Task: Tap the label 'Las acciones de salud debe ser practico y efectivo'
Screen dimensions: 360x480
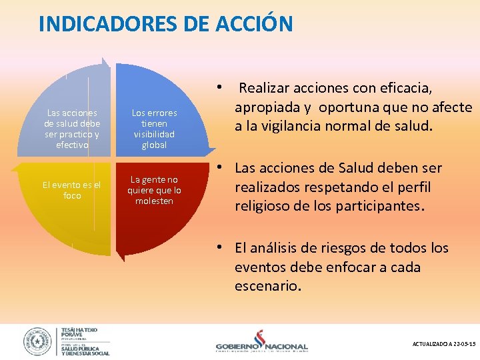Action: pyautogui.click(x=71, y=129)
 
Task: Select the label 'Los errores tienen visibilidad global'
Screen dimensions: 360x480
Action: pyautogui.click(x=154, y=129)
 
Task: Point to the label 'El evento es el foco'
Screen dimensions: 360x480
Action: pyautogui.click(x=71, y=190)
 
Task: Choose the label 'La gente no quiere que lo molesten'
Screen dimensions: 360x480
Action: pyautogui.click(x=154, y=190)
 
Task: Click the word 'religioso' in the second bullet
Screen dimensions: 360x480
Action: pyautogui.click(x=263, y=206)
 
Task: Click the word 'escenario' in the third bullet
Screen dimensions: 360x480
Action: pyautogui.click(x=267, y=287)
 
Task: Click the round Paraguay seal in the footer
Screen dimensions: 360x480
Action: pyautogui.click(x=37, y=341)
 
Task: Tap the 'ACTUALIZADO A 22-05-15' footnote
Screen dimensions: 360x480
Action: pyautogui.click(x=444, y=343)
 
